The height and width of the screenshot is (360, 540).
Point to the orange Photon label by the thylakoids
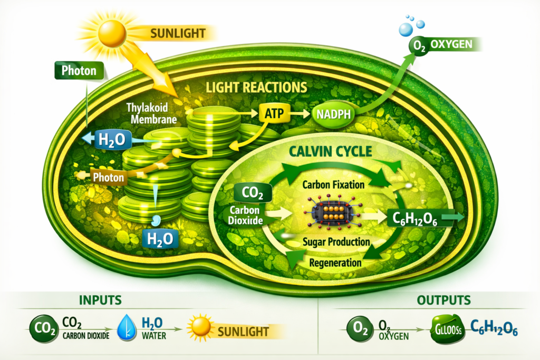coord(108,177)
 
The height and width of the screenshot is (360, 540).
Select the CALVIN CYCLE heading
coord(331,152)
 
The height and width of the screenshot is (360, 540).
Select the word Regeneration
coord(335,262)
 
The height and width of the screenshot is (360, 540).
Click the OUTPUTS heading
coord(436,300)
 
